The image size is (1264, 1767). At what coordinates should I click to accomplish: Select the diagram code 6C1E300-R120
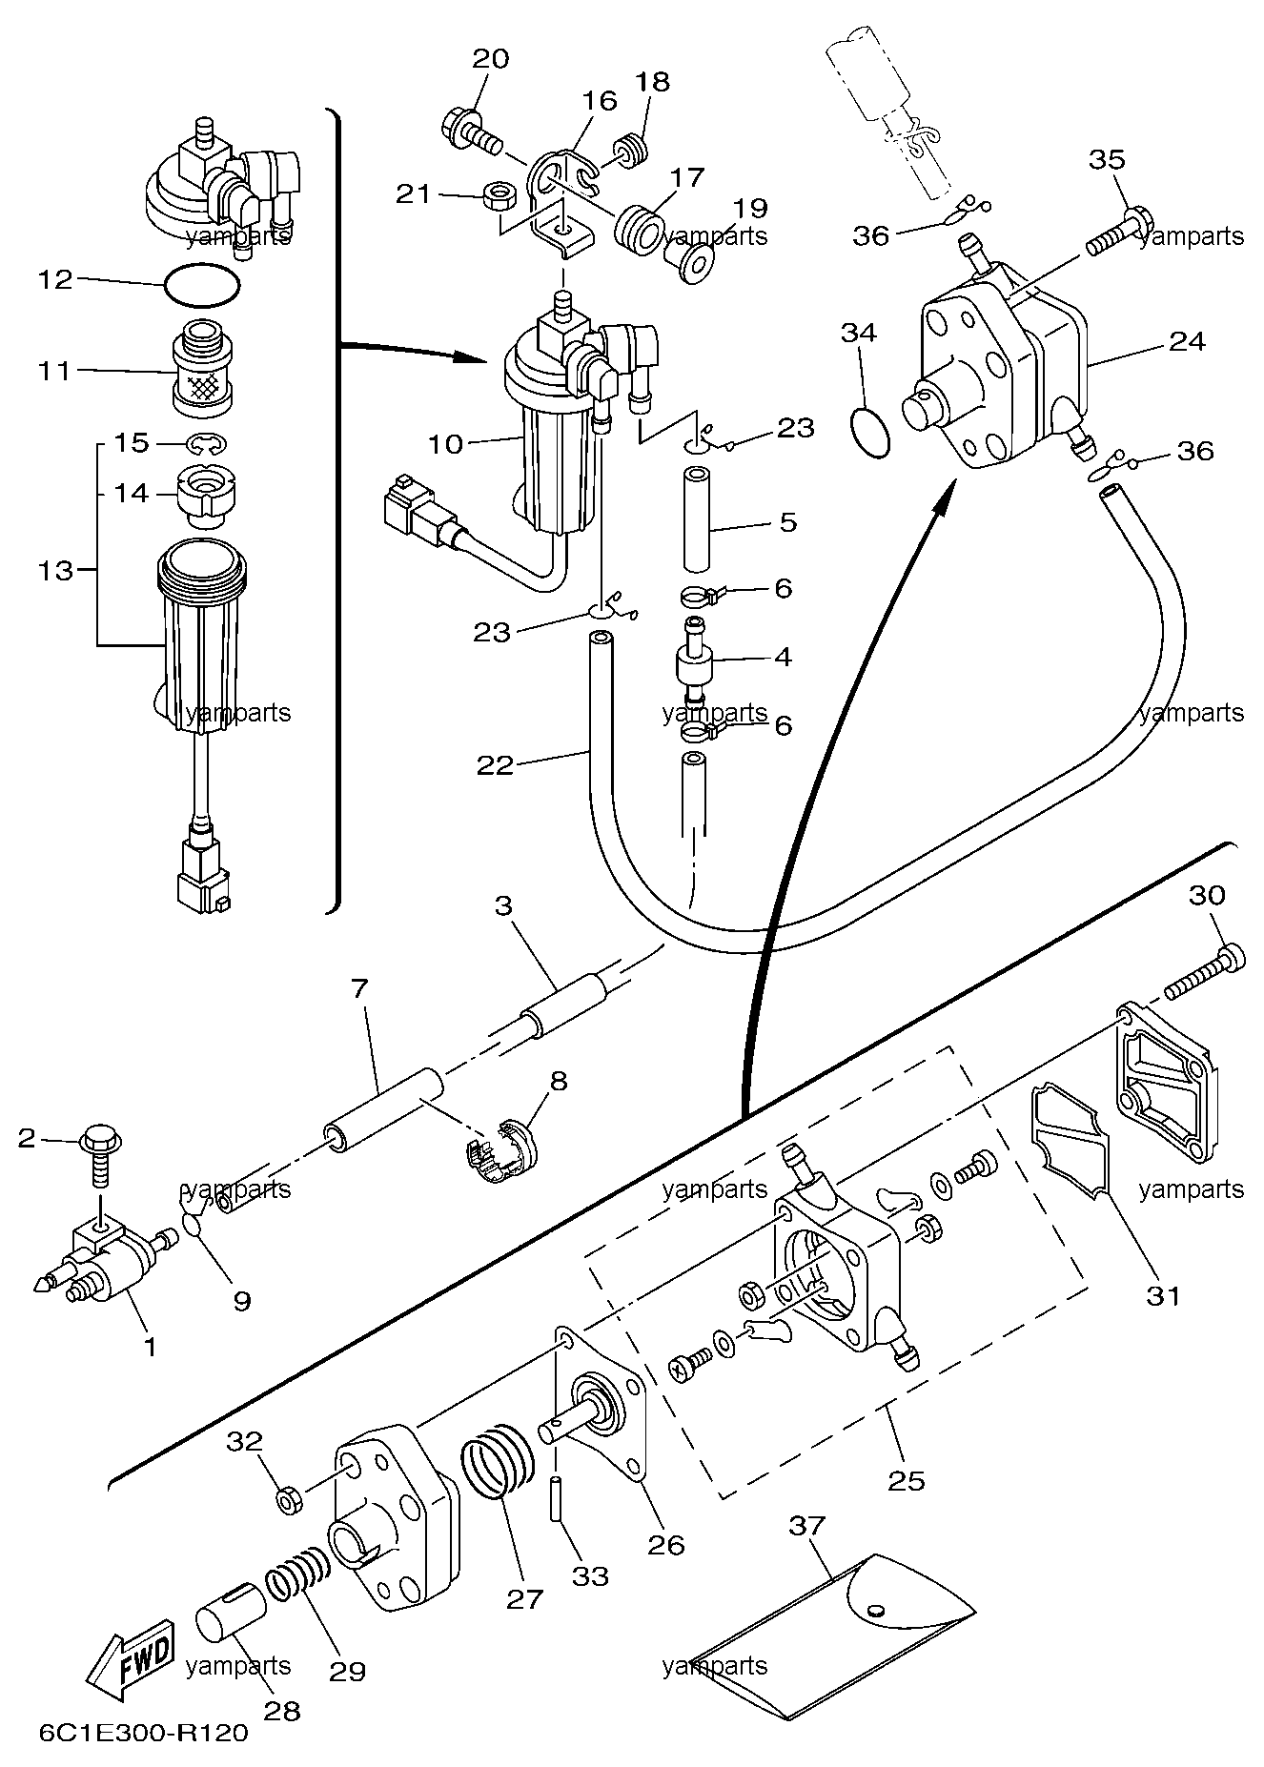tap(143, 1732)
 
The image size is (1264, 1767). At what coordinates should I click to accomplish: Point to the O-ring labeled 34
tap(869, 429)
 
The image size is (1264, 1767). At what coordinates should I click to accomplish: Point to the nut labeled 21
tap(499, 196)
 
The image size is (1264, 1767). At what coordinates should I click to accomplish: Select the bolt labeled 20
tap(473, 132)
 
